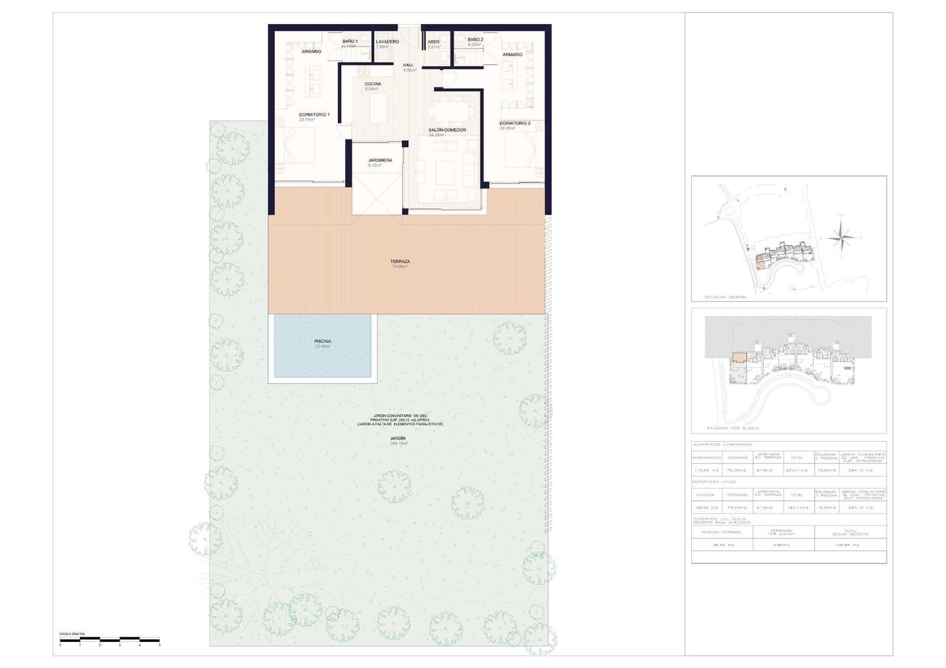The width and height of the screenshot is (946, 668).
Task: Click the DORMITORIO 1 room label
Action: tap(314, 115)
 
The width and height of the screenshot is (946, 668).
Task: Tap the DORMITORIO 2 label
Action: tap(514, 124)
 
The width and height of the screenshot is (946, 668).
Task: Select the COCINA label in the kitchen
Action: tap(372, 84)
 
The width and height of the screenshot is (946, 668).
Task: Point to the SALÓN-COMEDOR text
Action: tap(447, 130)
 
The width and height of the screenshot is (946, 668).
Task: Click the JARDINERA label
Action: tap(380, 160)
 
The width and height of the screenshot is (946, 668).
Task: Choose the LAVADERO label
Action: tap(387, 42)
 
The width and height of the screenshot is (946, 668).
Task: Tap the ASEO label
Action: tap(433, 42)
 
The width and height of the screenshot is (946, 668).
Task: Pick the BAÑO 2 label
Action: tap(475, 40)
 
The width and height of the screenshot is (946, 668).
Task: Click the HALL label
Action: tap(409, 65)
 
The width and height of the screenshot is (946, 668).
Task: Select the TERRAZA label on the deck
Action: tap(400, 261)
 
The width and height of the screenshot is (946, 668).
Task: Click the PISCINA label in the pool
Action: tap(322, 342)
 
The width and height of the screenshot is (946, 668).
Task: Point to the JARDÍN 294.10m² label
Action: tap(399, 439)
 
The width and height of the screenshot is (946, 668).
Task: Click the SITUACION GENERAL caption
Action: tap(726, 297)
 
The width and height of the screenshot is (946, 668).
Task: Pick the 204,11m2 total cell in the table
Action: tap(796, 471)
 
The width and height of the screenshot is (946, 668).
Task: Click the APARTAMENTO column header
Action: tap(707, 458)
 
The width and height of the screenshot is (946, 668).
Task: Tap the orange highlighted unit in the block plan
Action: tap(738, 358)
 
